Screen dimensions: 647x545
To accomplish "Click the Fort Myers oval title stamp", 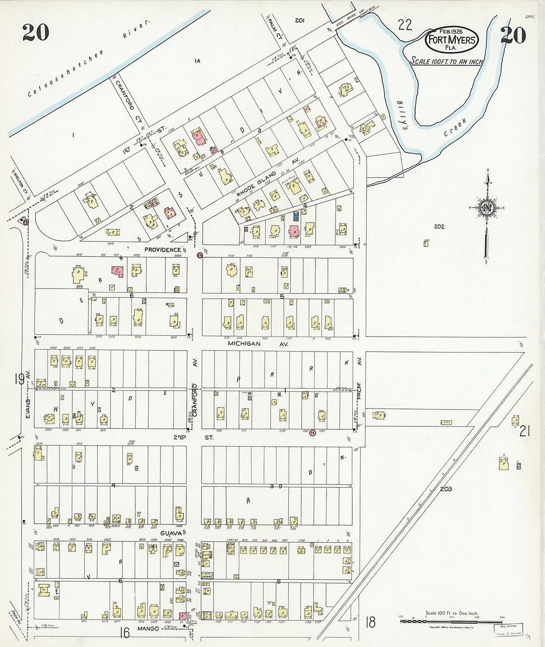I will (x=451, y=40).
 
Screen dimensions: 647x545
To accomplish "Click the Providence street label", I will (x=163, y=249).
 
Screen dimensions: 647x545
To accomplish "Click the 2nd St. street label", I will (x=193, y=437).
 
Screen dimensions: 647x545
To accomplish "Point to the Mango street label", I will (x=148, y=629).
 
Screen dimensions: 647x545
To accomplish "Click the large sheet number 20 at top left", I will (x=36, y=33).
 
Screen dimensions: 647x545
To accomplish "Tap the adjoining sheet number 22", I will (x=405, y=25).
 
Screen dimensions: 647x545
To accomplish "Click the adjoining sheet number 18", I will (x=370, y=622).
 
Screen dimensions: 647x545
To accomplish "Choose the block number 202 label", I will (x=439, y=227).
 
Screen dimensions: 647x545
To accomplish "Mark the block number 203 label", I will (x=445, y=489).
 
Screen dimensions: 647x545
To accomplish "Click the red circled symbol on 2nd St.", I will (x=312, y=433).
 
